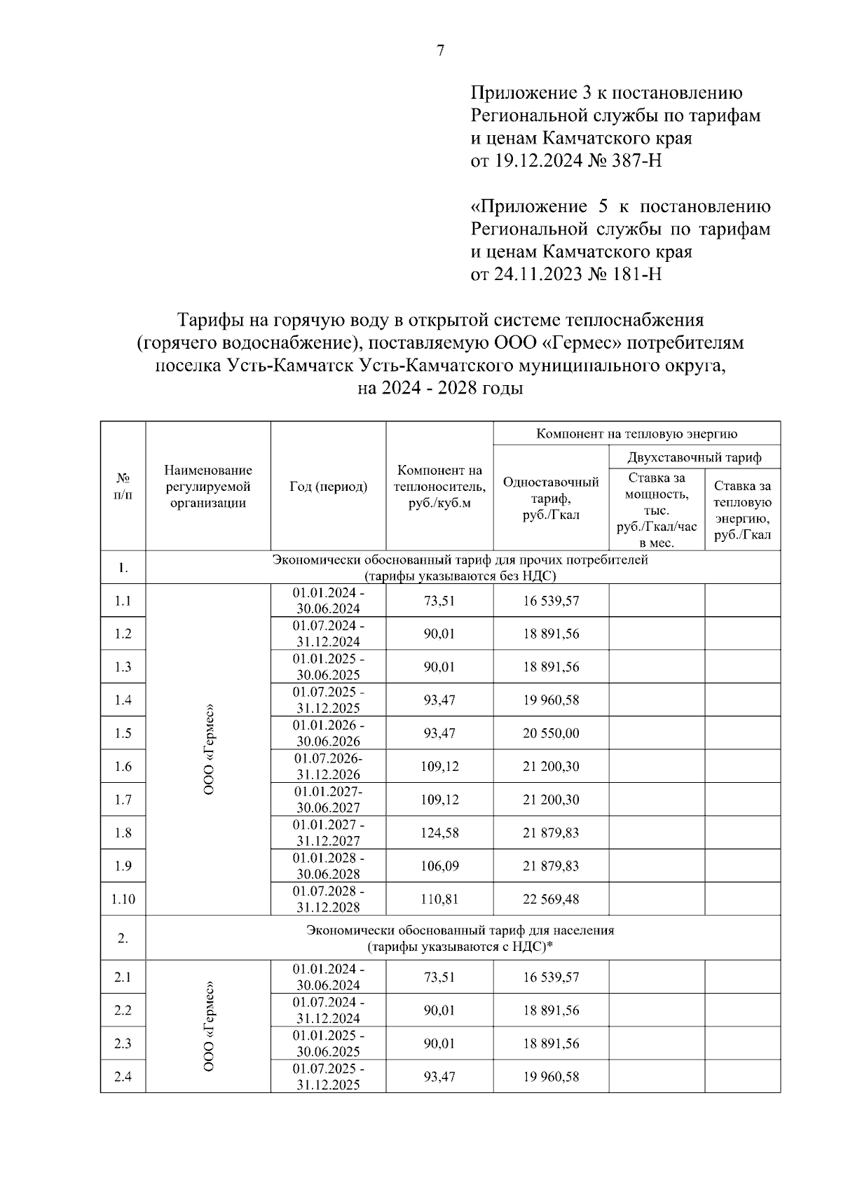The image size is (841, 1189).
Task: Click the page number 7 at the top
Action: [x=440, y=50]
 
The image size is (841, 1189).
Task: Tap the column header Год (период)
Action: [x=328, y=487]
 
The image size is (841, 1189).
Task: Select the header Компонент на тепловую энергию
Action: [x=636, y=434]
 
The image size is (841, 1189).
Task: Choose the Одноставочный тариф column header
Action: [x=551, y=499]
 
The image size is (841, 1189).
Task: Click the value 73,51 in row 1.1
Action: [x=439, y=601]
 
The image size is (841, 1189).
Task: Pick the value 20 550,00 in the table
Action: [x=551, y=733]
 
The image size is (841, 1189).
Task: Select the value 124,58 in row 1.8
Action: [x=439, y=833]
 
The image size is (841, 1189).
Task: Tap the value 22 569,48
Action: [x=551, y=899]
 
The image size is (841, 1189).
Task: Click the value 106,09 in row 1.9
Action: [x=439, y=866]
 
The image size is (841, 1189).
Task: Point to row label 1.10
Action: [x=123, y=899]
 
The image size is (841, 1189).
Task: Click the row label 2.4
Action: [x=123, y=1077]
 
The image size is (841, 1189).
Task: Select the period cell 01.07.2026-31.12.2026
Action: [x=328, y=767]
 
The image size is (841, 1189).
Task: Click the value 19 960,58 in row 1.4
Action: [x=551, y=700]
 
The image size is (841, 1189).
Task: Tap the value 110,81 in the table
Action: [x=439, y=899]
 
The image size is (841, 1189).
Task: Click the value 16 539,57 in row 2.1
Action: [x=551, y=978]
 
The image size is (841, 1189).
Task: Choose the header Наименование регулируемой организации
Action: [x=207, y=487]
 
